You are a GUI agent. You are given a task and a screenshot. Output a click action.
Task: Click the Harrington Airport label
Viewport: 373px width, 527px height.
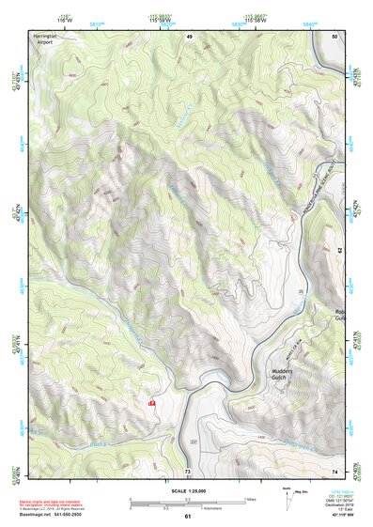click(44, 39)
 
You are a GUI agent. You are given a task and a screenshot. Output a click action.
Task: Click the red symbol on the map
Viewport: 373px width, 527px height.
click(151, 401)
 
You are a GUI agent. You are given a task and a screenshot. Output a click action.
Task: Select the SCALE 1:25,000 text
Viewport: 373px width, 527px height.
click(188, 490)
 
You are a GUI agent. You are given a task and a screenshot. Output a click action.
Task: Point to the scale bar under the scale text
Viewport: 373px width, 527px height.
click(188, 502)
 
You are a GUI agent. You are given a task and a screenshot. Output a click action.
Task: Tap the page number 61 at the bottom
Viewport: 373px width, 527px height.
click(188, 516)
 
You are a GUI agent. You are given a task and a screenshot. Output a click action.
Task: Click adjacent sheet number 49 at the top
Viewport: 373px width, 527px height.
click(189, 36)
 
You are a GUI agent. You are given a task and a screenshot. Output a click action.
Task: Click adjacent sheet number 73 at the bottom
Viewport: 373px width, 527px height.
click(188, 470)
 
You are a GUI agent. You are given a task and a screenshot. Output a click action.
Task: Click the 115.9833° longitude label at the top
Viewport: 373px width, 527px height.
click(159, 18)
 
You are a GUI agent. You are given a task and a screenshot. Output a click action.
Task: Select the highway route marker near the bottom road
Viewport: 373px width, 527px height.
click(194, 441)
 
